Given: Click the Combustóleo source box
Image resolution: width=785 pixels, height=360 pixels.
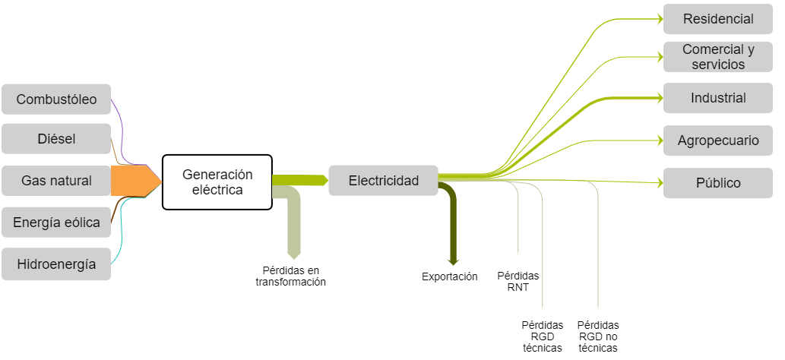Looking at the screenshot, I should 56,99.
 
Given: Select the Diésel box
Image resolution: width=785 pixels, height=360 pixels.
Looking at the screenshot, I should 56,139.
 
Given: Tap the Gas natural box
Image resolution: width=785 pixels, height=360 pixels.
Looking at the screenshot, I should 56,181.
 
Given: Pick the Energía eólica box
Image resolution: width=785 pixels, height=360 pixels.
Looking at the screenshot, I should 56,223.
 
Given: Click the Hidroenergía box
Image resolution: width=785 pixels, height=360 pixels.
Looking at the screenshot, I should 56,264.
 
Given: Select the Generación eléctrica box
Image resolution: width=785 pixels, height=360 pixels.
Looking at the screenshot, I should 217,182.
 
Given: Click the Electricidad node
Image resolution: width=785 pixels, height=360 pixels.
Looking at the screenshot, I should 383,181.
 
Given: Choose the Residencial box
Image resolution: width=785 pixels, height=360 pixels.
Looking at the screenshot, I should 718,19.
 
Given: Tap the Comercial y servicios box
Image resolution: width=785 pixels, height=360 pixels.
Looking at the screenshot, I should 718,57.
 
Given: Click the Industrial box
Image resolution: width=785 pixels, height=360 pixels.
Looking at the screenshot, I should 718,98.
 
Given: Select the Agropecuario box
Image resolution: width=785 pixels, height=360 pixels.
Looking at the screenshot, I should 718,141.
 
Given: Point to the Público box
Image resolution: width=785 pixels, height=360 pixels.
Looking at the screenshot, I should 718,183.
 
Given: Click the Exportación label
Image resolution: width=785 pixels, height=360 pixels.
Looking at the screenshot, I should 450,276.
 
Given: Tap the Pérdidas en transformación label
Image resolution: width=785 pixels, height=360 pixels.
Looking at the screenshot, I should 290,276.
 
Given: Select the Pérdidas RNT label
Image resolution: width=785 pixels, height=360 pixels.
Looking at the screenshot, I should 518,282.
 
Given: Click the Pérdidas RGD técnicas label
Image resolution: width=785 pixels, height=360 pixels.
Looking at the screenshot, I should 543,336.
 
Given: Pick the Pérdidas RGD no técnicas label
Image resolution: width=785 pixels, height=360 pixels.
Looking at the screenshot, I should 598,336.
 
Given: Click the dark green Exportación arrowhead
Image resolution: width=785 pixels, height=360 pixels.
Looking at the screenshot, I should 453,261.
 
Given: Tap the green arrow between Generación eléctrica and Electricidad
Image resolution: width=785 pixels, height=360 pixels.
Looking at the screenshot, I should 299,180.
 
